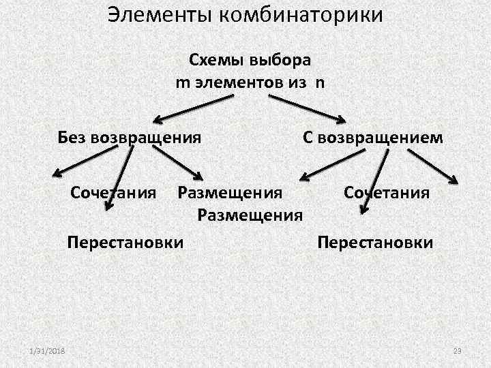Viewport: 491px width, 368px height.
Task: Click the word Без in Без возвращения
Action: click(73, 138)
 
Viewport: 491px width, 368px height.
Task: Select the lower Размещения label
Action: click(250, 216)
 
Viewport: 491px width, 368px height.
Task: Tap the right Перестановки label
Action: click(375, 242)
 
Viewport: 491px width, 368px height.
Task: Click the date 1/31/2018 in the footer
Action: click(46, 350)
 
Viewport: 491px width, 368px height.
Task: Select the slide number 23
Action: click(458, 350)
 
